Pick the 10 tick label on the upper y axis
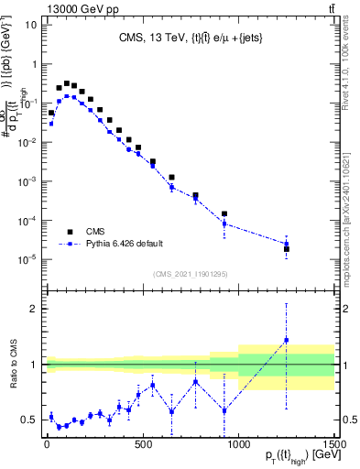click(27, 25)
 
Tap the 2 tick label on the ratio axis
click(32, 309)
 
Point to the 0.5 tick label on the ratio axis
click(27, 420)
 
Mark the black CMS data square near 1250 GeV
click(286, 249)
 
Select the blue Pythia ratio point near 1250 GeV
click(286, 340)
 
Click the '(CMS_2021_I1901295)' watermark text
click(190, 274)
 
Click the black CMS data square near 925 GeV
click(224, 213)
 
